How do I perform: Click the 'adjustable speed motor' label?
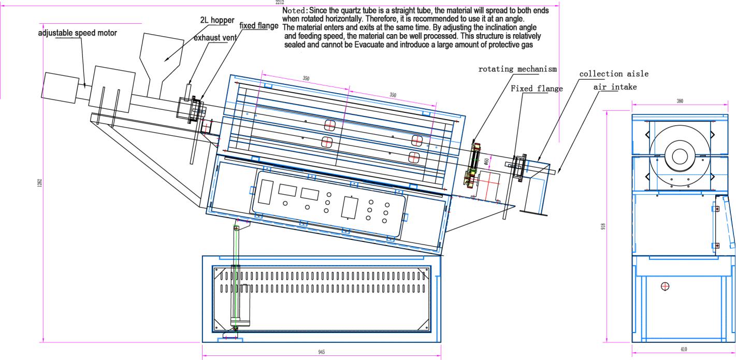(x=78, y=33)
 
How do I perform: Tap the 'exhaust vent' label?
(x=215, y=38)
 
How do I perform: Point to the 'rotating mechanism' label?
(x=517, y=69)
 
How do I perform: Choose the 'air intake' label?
(x=615, y=87)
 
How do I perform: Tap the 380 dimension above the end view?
(x=680, y=101)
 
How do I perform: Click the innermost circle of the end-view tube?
(x=679, y=155)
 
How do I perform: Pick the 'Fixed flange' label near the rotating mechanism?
(x=537, y=89)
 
